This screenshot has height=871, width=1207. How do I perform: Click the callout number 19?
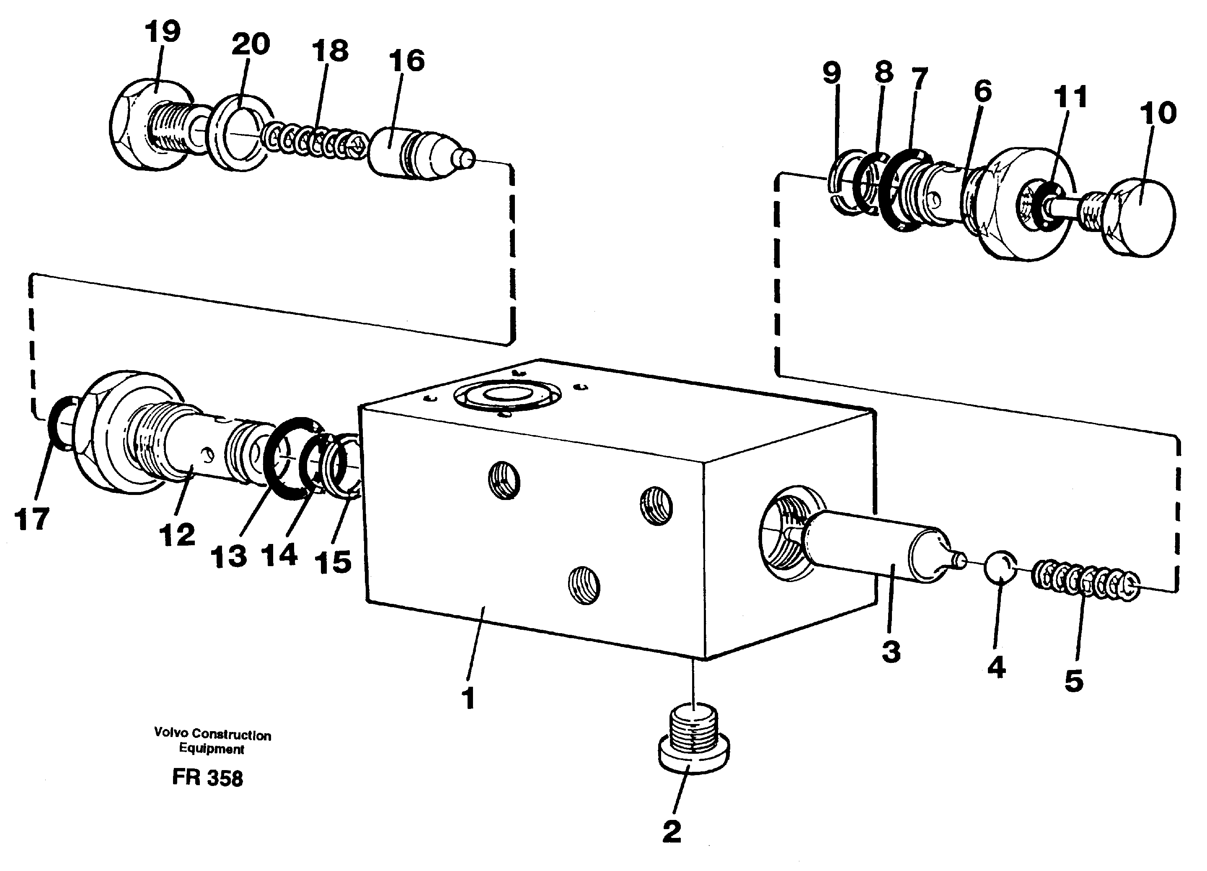click(163, 32)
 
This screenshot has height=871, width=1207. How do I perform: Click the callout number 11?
click(1070, 98)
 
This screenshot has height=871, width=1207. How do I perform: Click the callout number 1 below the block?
click(468, 698)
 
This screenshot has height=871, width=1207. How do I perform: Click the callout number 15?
click(333, 562)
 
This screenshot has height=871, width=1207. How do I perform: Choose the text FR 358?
click(207, 778)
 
